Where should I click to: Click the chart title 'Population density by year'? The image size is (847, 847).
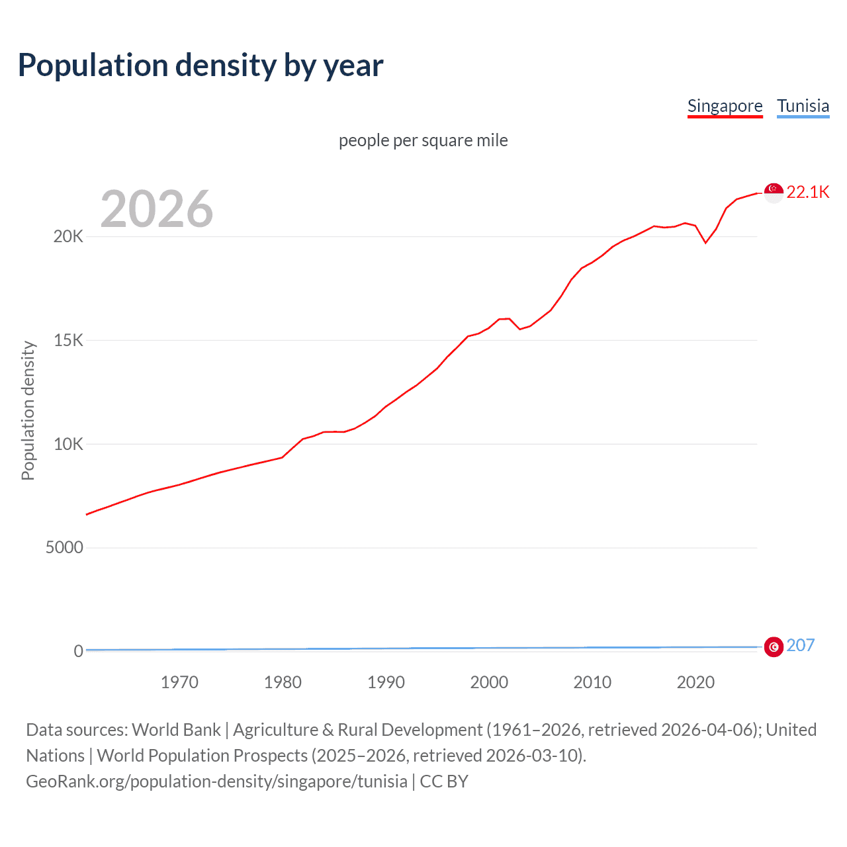coord(201,66)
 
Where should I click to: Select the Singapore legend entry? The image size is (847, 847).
coord(725,106)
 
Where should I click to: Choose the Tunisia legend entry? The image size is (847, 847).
coord(803,106)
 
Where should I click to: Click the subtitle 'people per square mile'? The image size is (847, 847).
coord(423,140)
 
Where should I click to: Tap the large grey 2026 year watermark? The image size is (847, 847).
coord(157,209)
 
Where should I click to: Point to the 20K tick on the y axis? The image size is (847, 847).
coord(68,237)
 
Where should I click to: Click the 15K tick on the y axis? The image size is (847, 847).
coord(68,341)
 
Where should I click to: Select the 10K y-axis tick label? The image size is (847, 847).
coord(68,444)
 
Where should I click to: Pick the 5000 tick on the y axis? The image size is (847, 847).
coord(64,548)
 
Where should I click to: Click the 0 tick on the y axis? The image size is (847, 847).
coord(78,651)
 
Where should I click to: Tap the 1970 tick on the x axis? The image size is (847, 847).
coord(179,682)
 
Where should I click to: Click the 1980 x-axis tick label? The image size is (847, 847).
coord(283,682)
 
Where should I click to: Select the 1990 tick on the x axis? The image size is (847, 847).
coord(386,682)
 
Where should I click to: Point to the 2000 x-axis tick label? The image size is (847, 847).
coord(489,682)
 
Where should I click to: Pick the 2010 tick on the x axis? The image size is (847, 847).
coord(592,682)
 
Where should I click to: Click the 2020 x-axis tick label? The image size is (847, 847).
coord(695,682)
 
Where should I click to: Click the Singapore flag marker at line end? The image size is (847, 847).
coord(774,193)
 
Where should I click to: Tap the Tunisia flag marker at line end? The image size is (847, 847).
coord(774,646)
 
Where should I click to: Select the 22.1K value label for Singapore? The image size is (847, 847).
coord(808,193)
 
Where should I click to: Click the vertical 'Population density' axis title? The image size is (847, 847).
coord(28,410)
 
